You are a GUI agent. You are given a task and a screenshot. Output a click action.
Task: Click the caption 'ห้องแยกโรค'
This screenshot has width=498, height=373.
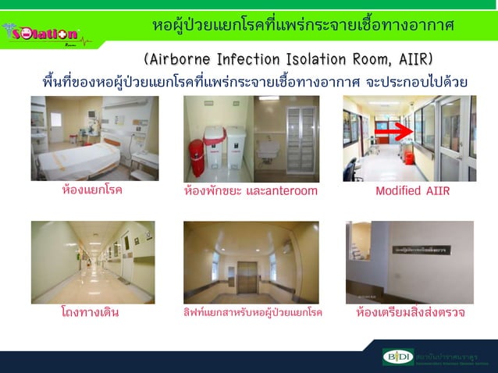click(92, 190)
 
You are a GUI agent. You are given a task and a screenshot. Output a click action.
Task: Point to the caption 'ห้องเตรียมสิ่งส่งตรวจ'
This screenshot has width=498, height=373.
click(410, 313)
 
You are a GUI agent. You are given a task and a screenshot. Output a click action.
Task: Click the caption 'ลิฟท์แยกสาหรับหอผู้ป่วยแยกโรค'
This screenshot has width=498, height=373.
click(251, 313)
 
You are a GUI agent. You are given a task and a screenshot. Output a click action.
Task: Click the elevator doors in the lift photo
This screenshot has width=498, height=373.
click(248, 276)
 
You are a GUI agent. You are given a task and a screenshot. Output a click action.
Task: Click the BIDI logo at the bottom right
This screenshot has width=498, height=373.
click(398, 357)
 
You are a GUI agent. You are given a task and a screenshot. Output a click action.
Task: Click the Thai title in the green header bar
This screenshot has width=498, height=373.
click(303, 26)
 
